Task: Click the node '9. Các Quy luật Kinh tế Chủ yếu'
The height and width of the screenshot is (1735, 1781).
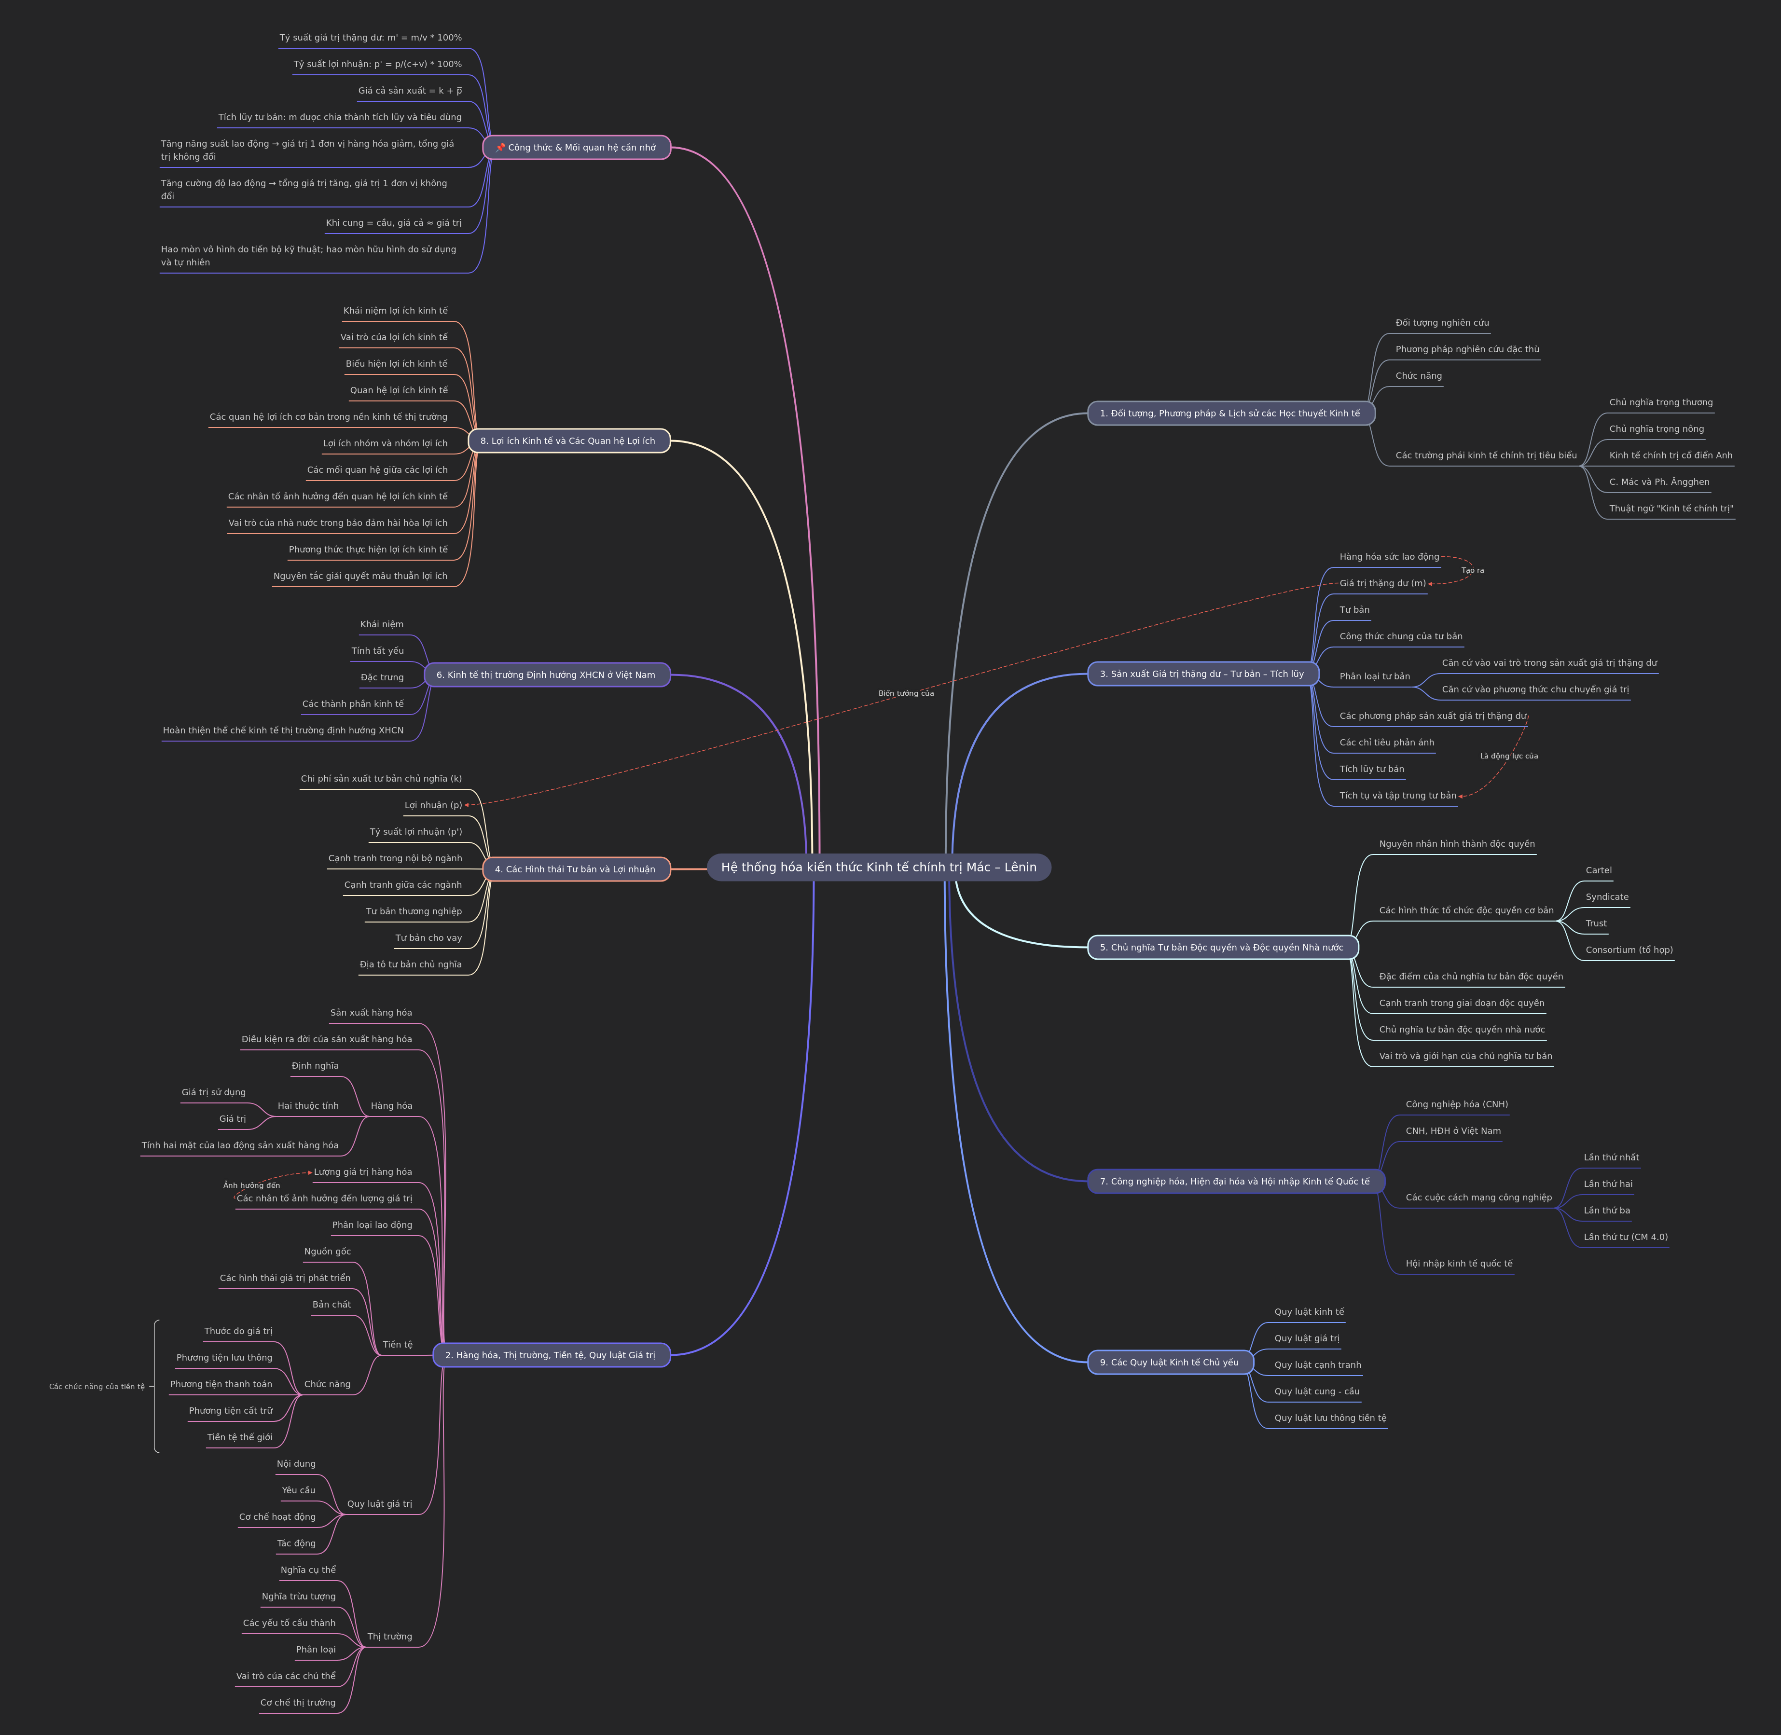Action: tap(1170, 1363)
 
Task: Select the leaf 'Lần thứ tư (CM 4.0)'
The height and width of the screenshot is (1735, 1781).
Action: tap(1625, 1237)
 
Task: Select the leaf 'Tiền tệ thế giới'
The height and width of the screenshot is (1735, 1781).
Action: tap(240, 1437)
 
